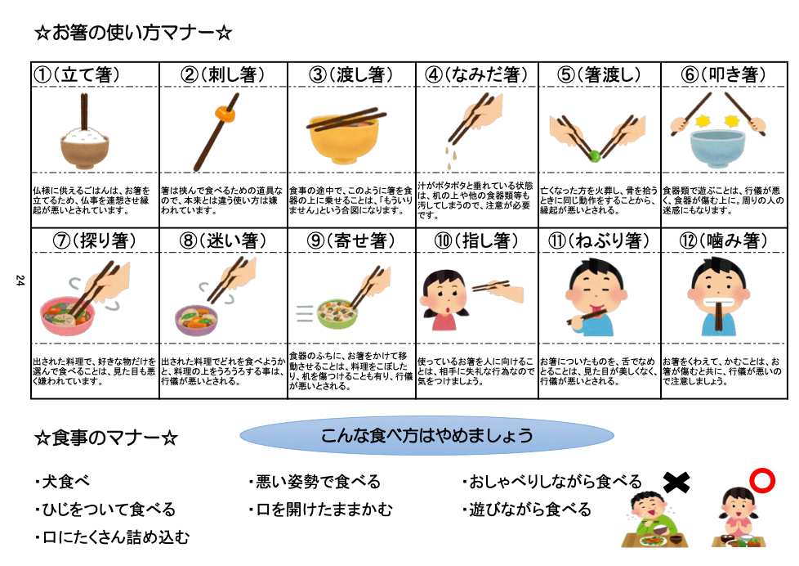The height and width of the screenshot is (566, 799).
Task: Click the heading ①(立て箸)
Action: pos(77,74)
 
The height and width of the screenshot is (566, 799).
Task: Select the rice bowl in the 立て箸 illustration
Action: pos(85,148)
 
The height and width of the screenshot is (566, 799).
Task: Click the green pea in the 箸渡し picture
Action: pos(594,155)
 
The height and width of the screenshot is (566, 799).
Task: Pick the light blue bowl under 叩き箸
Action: pos(717,148)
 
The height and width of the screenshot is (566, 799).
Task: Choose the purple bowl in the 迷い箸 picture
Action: pos(196,320)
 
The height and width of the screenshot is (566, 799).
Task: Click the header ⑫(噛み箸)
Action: pos(723,240)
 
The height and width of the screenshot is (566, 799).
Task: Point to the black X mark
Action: pos(676,483)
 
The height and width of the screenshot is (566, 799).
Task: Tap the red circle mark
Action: pos(762,481)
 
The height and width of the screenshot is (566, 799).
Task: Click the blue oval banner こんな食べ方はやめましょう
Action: pos(427,435)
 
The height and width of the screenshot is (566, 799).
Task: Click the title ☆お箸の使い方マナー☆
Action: pos(133,33)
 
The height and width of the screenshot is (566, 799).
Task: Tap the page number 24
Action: pos(20,281)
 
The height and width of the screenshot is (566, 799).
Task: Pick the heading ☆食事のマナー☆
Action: pos(106,438)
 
